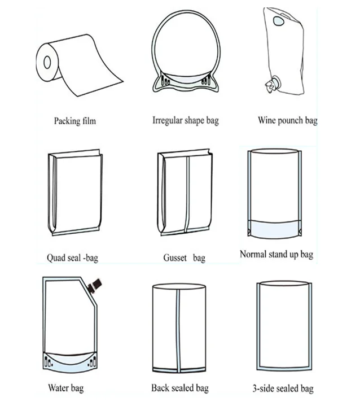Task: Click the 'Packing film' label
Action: point(74,120)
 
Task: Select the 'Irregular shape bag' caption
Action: point(185,120)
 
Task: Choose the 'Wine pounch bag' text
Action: point(287,120)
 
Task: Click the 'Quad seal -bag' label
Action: point(73,258)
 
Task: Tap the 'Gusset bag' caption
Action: point(184,258)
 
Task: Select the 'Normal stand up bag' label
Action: point(276,254)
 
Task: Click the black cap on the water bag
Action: point(96,284)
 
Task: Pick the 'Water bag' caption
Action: point(66,388)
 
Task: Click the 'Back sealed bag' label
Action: point(179,388)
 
